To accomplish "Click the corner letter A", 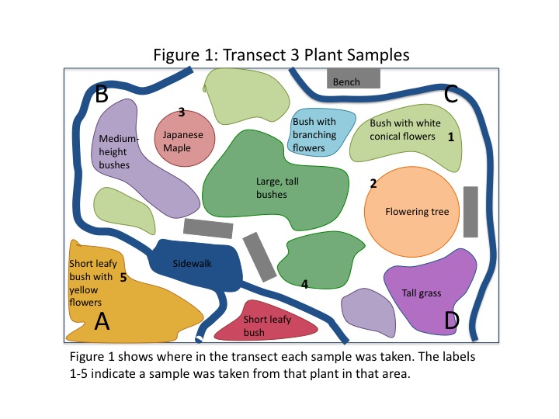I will click(101, 320).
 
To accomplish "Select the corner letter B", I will click(101, 95).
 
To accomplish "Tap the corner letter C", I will click(451, 95).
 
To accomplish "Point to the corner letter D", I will click(451, 320).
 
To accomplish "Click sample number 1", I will click(451, 136).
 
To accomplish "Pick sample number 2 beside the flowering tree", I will click(373, 184).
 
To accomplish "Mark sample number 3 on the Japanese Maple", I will click(181, 113).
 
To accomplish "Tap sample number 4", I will click(304, 285).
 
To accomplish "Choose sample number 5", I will click(123, 277).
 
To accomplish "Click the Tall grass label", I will click(422, 293).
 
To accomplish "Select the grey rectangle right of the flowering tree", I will click(470, 211).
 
